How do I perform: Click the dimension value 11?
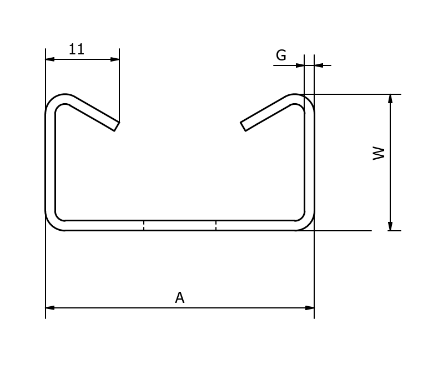77,49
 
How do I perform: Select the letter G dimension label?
281,55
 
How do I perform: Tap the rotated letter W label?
379,153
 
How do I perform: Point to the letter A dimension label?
180,297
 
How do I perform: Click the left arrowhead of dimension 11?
50,59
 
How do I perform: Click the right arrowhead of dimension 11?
115,59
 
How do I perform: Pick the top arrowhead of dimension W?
390,99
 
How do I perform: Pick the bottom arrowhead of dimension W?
390,226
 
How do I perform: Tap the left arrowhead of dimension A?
50,308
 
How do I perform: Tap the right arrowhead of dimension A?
310,308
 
